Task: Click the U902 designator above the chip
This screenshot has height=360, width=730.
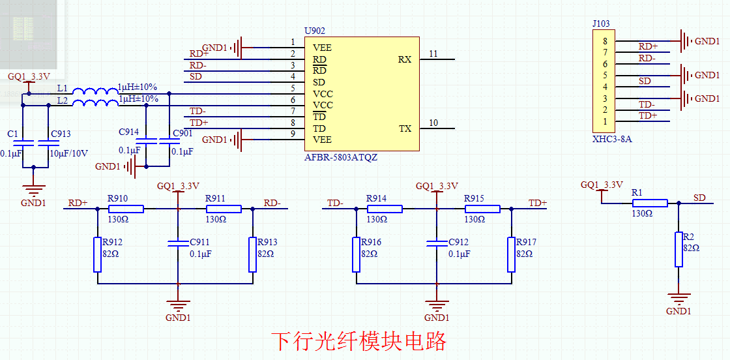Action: [314, 31]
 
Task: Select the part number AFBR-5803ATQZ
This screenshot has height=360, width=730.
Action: [340, 158]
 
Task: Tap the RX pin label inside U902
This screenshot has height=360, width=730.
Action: [404, 59]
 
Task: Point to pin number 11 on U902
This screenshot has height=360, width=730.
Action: [433, 53]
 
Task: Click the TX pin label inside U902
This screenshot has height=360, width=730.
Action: [405, 128]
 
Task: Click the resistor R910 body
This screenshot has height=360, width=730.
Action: [126, 209]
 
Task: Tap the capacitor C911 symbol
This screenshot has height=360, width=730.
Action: [178, 243]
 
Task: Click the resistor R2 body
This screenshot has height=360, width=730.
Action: [679, 249]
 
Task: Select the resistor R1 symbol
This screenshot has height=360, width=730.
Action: [650, 203]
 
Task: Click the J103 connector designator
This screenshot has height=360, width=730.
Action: [601, 24]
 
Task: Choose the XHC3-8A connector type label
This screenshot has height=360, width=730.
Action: [611, 139]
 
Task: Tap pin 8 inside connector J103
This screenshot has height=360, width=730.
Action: [605, 41]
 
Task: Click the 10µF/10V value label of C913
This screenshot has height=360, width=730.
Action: [69, 153]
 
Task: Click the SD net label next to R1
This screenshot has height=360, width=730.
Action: [699, 198]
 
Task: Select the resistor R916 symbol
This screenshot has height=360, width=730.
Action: [356, 254]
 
